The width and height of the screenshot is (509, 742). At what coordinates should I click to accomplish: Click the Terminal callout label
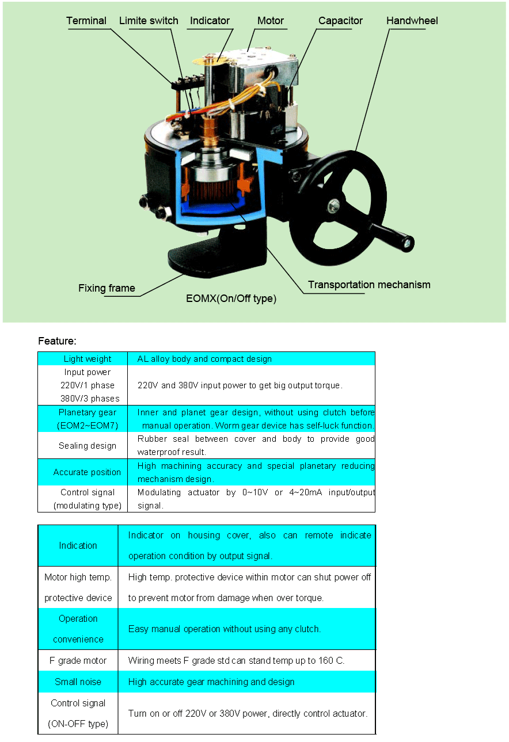pyautogui.click(x=86, y=21)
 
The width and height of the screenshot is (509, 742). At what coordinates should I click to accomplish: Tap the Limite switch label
pyautogui.click(x=149, y=21)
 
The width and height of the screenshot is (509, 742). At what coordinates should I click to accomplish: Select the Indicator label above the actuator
pyautogui.click(x=210, y=21)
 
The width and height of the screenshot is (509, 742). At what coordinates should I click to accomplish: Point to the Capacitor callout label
pyautogui.click(x=340, y=21)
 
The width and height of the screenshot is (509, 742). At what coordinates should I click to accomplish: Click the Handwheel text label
pyautogui.click(x=412, y=21)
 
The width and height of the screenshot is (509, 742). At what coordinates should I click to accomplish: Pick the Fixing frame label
pyautogui.click(x=107, y=288)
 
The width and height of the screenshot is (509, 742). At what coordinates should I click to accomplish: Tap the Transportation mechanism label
pyautogui.click(x=369, y=285)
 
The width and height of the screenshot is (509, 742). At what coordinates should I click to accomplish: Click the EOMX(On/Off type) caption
pyautogui.click(x=231, y=299)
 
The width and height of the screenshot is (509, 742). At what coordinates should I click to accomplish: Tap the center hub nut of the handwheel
pyautogui.click(x=333, y=206)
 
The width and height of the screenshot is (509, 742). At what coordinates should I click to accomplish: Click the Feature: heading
pyautogui.click(x=57, y=341)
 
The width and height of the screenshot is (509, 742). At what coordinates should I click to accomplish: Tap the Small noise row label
pyautogui.click(x=78, y=682)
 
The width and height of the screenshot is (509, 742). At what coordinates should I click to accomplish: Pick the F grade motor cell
pyautogui.click(x=78, y=660)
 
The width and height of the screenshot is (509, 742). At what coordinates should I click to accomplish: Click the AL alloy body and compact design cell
pyautogui.click(x=252, y=359)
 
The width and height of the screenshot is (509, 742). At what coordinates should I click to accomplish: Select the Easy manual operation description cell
pyautogui.click(x=246, y=629)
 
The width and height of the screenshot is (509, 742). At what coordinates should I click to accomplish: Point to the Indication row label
pyautogui.click(x=78, y=545)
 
